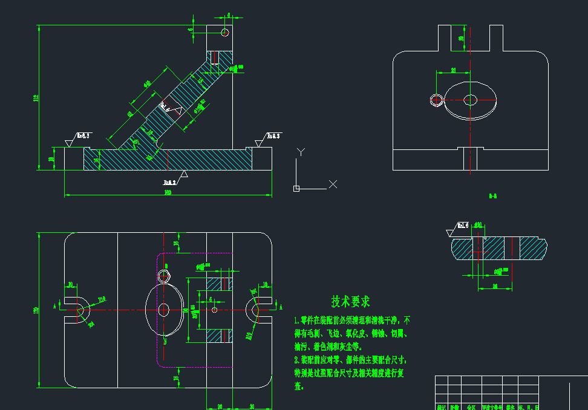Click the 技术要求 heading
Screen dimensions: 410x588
click(x=350, y=301)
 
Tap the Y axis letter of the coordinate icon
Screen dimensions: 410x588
click(x=301, y=151)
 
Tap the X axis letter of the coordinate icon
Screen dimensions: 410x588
click(x=333, y=184)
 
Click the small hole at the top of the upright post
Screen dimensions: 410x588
click(x=224, y=32)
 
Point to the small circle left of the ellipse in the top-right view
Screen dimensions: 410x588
click(x=435, y=100)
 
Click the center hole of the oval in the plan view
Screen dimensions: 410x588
click(x=163, y=310)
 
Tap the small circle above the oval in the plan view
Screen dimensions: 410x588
click(x=163, y=276)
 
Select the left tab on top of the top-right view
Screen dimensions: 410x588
click(x=445, y=38)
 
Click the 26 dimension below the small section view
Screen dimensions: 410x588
click(x=495, y=285)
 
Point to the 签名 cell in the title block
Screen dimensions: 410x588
click(x=511, y=407)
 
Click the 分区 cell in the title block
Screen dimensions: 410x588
click(x=471, y=407)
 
